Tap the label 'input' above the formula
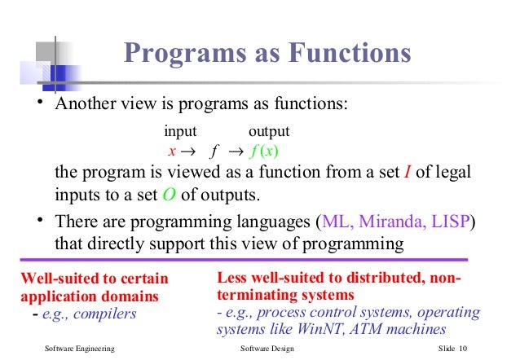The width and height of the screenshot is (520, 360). point(180,131)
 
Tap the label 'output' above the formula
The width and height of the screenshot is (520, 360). point(269,131)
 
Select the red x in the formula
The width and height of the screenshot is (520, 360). point(172,151)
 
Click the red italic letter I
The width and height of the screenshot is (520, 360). point(408,174)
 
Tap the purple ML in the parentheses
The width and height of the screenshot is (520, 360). point(335,222)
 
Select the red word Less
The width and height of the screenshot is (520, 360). point(231,278)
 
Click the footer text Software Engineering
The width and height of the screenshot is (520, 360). point(79,349)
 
